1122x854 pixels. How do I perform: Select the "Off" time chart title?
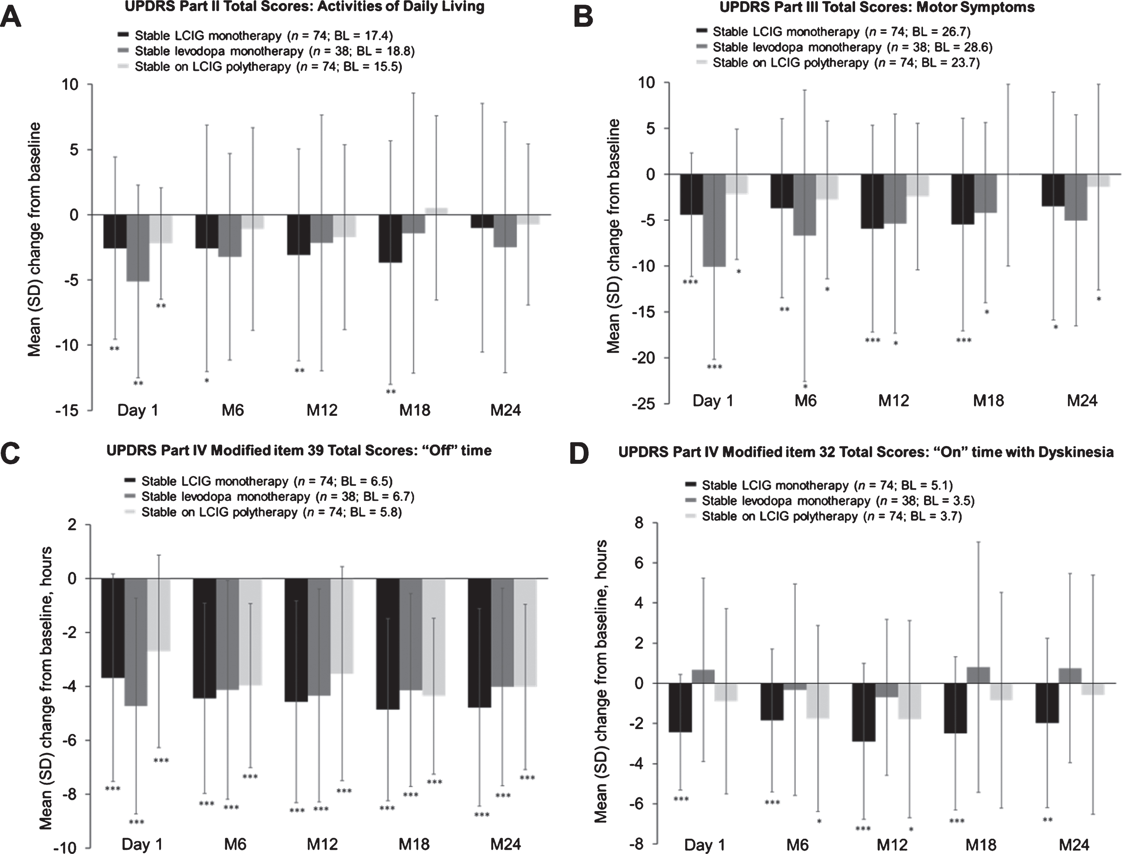[299, 450]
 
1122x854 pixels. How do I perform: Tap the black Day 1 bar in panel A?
[115, 231]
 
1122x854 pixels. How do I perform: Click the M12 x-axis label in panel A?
[322, 410]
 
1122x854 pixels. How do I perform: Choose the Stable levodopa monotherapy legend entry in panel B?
[844, 47]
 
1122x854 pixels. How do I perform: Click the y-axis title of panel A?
[35, 239]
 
